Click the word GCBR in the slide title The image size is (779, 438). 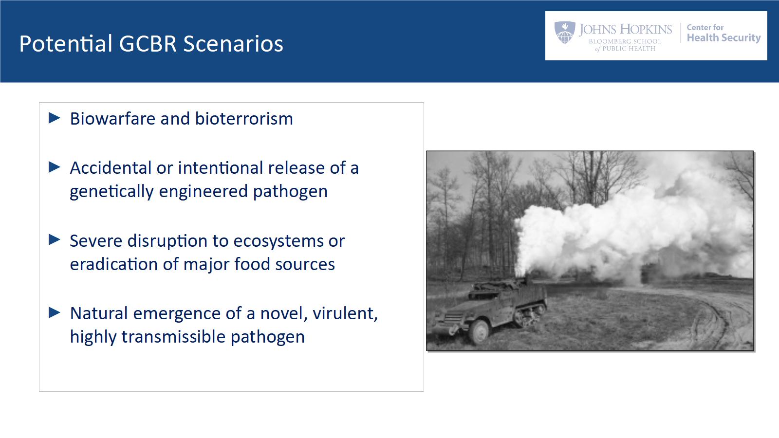[148, 44]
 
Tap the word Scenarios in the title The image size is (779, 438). [233, 44]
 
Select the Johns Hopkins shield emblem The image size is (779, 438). [565, 32]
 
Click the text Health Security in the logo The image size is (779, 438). [723, 37]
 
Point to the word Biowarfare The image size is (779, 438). [113, 119]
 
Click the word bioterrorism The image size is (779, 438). [244, 119]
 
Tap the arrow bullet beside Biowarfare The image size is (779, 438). [54, 118]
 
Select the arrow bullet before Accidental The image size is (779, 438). [54, 167]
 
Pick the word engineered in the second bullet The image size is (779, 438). [203, 192]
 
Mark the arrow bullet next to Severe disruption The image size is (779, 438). [54, 240]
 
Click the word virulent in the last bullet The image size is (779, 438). [345, 313]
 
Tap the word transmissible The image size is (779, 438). [173, 337]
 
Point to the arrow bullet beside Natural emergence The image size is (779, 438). [54, 312]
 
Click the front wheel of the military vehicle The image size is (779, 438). [480, 331]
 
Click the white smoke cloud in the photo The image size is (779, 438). [626, 229]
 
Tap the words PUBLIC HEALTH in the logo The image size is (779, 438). [629, 49]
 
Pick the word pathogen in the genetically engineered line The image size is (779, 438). [290, 192]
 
